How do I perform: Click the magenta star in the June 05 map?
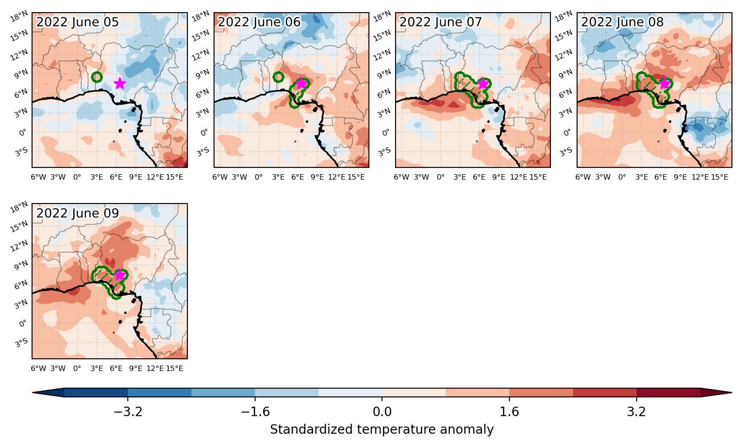coord(120,83)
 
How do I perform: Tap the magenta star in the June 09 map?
coord(119,274)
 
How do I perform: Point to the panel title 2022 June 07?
coord(440,22)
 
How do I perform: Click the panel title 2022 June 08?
coord(622,22)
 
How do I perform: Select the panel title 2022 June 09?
coord(77,213)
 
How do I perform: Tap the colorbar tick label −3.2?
coord(128,412)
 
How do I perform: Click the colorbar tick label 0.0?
coord(382,412)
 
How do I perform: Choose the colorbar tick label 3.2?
coord(637,412)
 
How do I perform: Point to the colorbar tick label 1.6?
coord(509,412)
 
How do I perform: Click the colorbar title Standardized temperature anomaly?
coord(382,430)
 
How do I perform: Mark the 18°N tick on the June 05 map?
coord(19,16)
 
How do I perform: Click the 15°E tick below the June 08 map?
coord(719,177)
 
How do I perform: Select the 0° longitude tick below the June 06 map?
coord(259,177)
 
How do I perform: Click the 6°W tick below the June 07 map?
coord(401,177)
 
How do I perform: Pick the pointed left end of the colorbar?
coord(33,393)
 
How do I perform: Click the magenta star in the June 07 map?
coord(483,83)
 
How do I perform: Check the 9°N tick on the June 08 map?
coord(565,74)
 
